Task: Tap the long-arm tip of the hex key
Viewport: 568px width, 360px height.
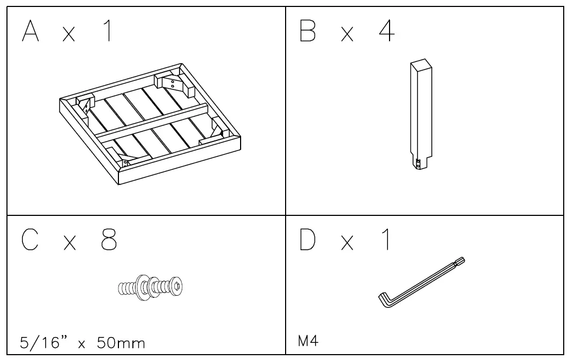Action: [462, 261]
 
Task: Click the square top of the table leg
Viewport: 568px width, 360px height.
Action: [421, 64]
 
